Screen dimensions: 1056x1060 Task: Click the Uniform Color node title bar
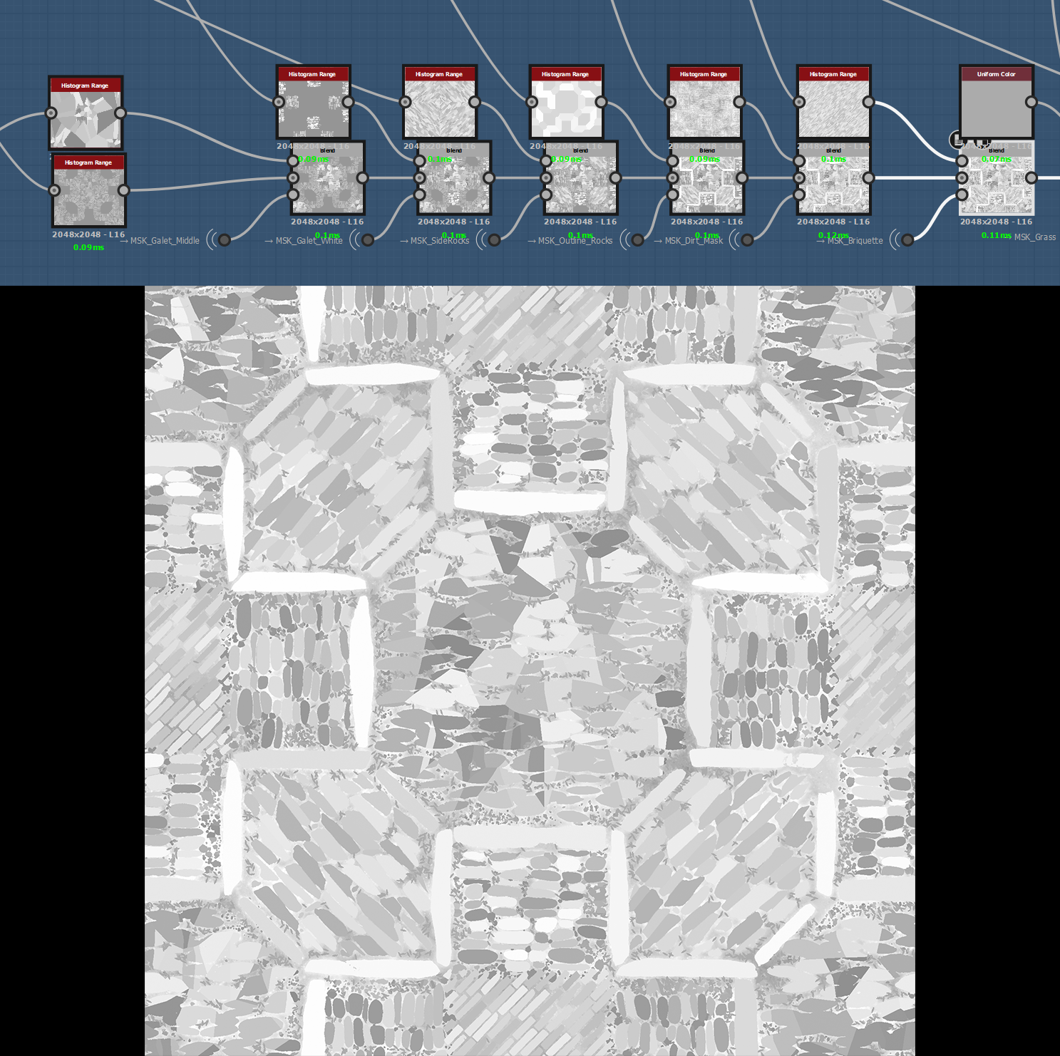click(996, 74)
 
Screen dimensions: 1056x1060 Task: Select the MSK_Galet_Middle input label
click(165, 241)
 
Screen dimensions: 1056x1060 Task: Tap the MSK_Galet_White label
click(309, 241)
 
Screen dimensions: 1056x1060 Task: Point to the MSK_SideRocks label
click(439, 241)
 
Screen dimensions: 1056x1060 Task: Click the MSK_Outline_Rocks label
click(575, 241)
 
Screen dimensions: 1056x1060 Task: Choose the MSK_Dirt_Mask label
click(694, 241)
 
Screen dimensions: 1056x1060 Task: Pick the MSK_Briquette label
click(855, 241)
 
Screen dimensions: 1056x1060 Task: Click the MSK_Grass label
click(1035, 237)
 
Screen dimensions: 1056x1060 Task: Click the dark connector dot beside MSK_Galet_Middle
click(225, 240)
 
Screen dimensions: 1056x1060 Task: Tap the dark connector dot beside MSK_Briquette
click(907, 240)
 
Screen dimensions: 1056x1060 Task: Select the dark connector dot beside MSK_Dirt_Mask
click(747, 240)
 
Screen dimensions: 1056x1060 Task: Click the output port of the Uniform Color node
click(1031, 102)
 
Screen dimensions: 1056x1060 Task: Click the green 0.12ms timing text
click(833, 235)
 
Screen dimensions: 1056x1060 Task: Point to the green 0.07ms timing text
click(996, 160)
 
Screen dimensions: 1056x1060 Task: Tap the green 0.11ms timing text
click(996, 235)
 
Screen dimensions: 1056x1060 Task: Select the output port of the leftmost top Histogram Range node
click(120, 113)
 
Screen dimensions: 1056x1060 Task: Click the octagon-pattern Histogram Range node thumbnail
click(566, 109)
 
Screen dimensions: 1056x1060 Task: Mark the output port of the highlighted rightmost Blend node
click(1031, 177)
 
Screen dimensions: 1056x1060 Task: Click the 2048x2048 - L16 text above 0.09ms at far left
click(88, 234)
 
